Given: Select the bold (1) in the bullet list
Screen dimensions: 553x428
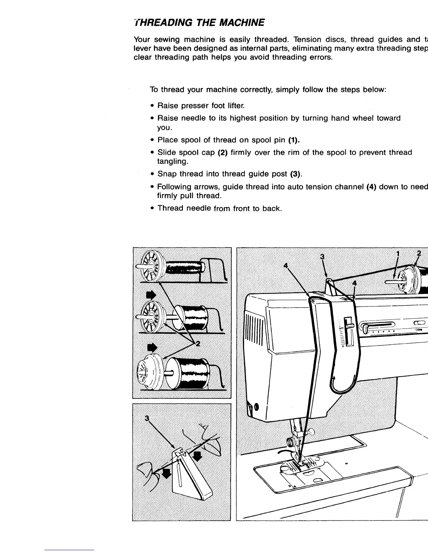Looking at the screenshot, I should pos(294,140).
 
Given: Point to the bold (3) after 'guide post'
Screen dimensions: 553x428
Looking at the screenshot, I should pos(297,174).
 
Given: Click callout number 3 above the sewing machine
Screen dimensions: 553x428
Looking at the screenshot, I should pos(323,257).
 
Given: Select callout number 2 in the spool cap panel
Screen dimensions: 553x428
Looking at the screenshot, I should pos(198,344).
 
